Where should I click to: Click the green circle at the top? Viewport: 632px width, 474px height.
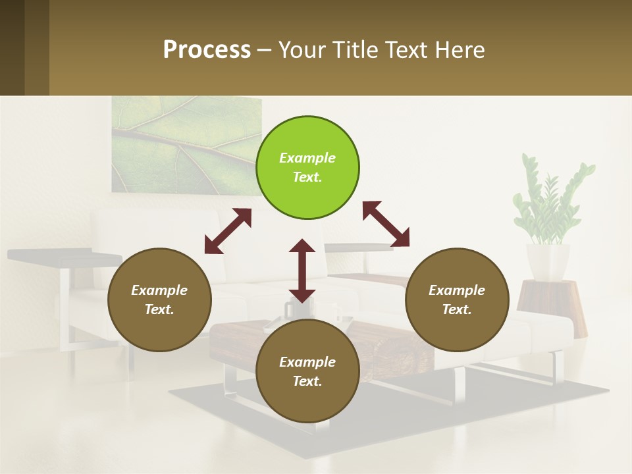coord(307,168)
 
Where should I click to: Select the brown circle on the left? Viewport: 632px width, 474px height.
coord(159,300)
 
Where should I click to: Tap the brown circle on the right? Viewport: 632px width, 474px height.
coord(457,300)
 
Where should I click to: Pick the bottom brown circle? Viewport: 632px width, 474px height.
coord(307,371)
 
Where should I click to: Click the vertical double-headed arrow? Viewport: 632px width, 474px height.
coord(302,271)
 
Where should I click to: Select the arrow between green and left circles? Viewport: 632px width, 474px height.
coord(228,231)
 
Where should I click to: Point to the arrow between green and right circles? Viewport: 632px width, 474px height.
coord(386,224)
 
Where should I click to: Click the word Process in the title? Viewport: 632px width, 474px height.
coord(207,49)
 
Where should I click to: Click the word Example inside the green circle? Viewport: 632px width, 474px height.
coord(307,158)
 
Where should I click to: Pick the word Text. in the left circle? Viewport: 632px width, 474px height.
coord(159,309)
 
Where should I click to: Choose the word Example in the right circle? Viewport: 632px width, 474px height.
coord(457,290)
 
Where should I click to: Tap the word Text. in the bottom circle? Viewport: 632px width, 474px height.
coord(307,381)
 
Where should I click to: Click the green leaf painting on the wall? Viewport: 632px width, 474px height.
coord(184,145)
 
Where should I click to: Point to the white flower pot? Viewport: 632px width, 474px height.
coord(548,261)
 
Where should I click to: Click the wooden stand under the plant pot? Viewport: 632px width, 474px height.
coord(553,303)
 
